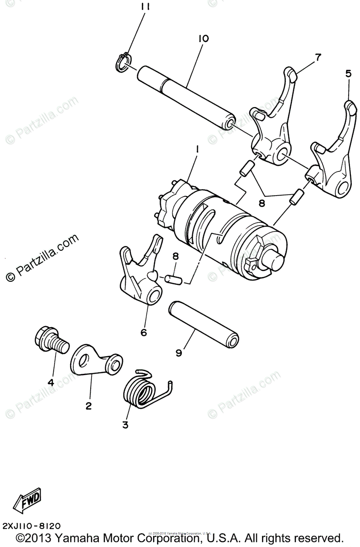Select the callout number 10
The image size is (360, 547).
(x=203, y=39)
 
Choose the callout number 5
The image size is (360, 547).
(x=348, y=73)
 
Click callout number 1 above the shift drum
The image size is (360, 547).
(x=197, y=149)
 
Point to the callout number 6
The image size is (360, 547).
(x=144, y=333)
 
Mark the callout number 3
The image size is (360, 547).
(x=125, y=425)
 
